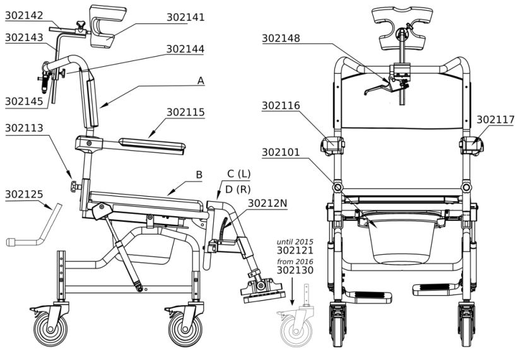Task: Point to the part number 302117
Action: (x=497, y=118)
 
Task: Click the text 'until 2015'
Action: (x=295, y=241)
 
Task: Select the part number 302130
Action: (x=295, y=270)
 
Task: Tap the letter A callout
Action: (x=201, y=80)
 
